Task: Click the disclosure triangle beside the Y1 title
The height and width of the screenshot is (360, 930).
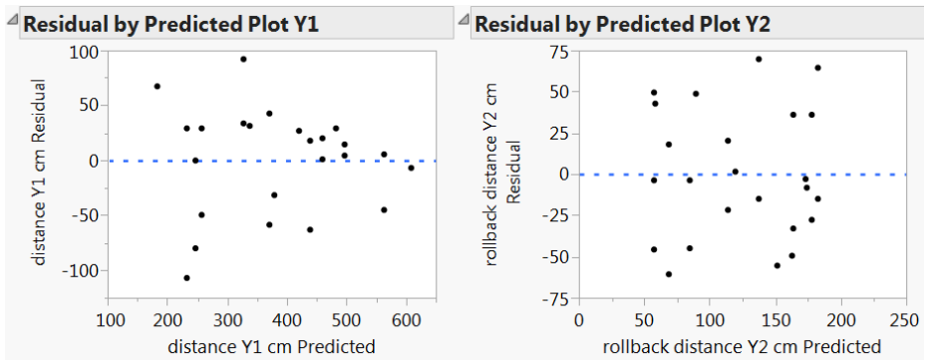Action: coord(12,21)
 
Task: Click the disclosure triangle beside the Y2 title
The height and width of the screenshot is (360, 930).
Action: coord(464,21)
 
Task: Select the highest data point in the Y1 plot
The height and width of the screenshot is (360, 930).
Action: coord(243,59)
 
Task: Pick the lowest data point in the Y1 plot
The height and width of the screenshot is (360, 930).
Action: coord(186,277)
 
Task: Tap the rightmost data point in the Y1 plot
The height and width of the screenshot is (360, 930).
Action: coord(411,168)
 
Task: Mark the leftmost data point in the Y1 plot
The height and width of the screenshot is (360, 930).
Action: coord(157,86)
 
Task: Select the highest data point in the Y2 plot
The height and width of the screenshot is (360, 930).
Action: coord(759,59)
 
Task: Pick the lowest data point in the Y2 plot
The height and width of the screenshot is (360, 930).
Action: coord(669,274)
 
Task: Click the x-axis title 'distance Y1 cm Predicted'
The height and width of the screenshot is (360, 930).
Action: coord(272,346)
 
